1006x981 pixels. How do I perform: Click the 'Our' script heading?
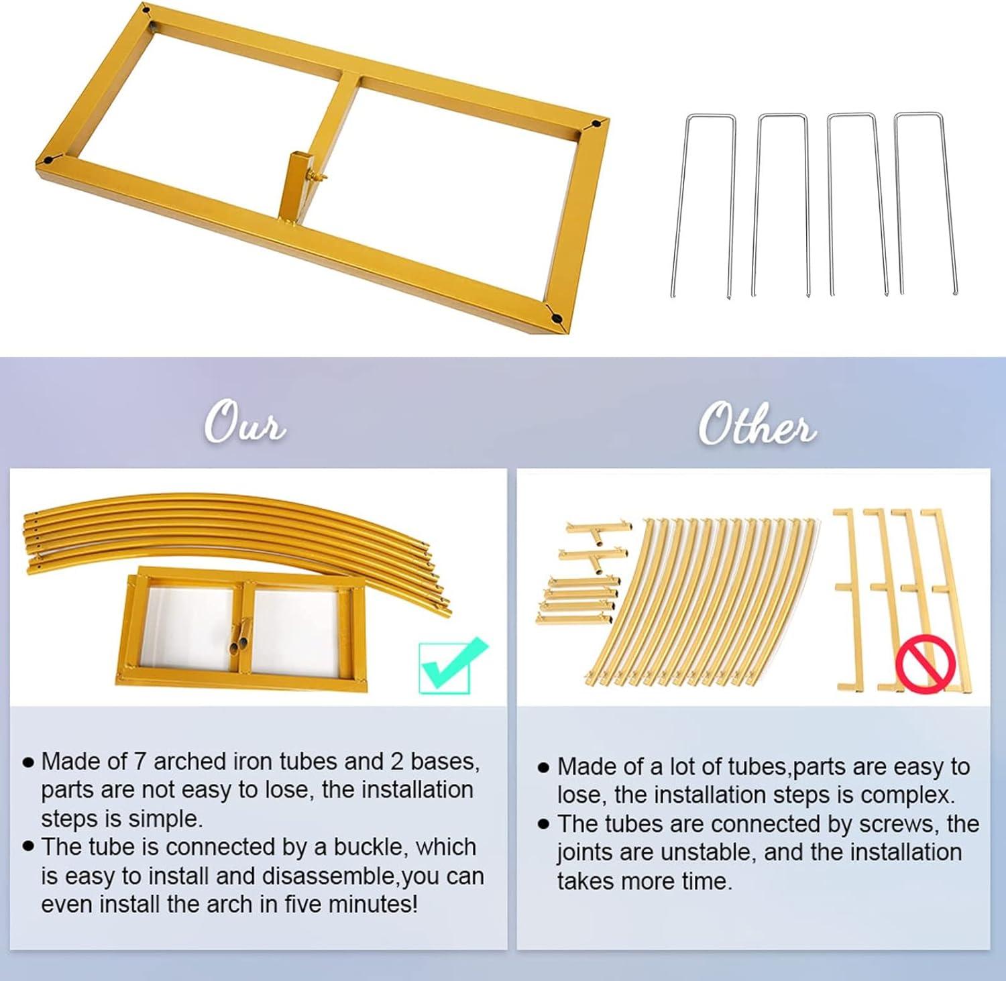245,422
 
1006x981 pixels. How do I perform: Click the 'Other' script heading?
757,424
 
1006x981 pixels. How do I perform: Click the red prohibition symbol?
926,665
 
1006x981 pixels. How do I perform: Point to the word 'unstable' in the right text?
708,852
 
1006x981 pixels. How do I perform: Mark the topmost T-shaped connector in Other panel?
597,528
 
